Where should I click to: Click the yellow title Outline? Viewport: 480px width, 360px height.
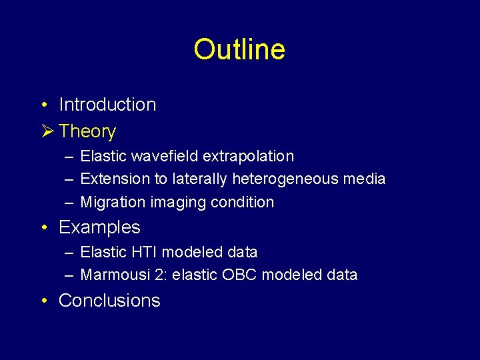[x=239, y=49]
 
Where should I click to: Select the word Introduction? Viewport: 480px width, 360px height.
[x=107, y=105]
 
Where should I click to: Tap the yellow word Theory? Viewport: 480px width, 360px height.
[x=87, y=132]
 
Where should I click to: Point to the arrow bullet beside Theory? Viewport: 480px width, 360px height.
[x=45, y=131]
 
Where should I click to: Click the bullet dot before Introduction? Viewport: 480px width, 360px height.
[x=43, y=105]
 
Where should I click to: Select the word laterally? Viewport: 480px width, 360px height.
[x=198, y=179]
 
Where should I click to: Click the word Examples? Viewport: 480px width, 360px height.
[x=99, y=227]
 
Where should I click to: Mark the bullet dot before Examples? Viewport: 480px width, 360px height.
[x=43, y=228]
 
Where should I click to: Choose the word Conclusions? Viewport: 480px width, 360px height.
[x=109, y=301]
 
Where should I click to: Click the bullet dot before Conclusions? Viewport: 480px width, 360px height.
[x=43, y=301]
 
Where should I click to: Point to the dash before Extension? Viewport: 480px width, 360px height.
[x=69, y=179]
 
